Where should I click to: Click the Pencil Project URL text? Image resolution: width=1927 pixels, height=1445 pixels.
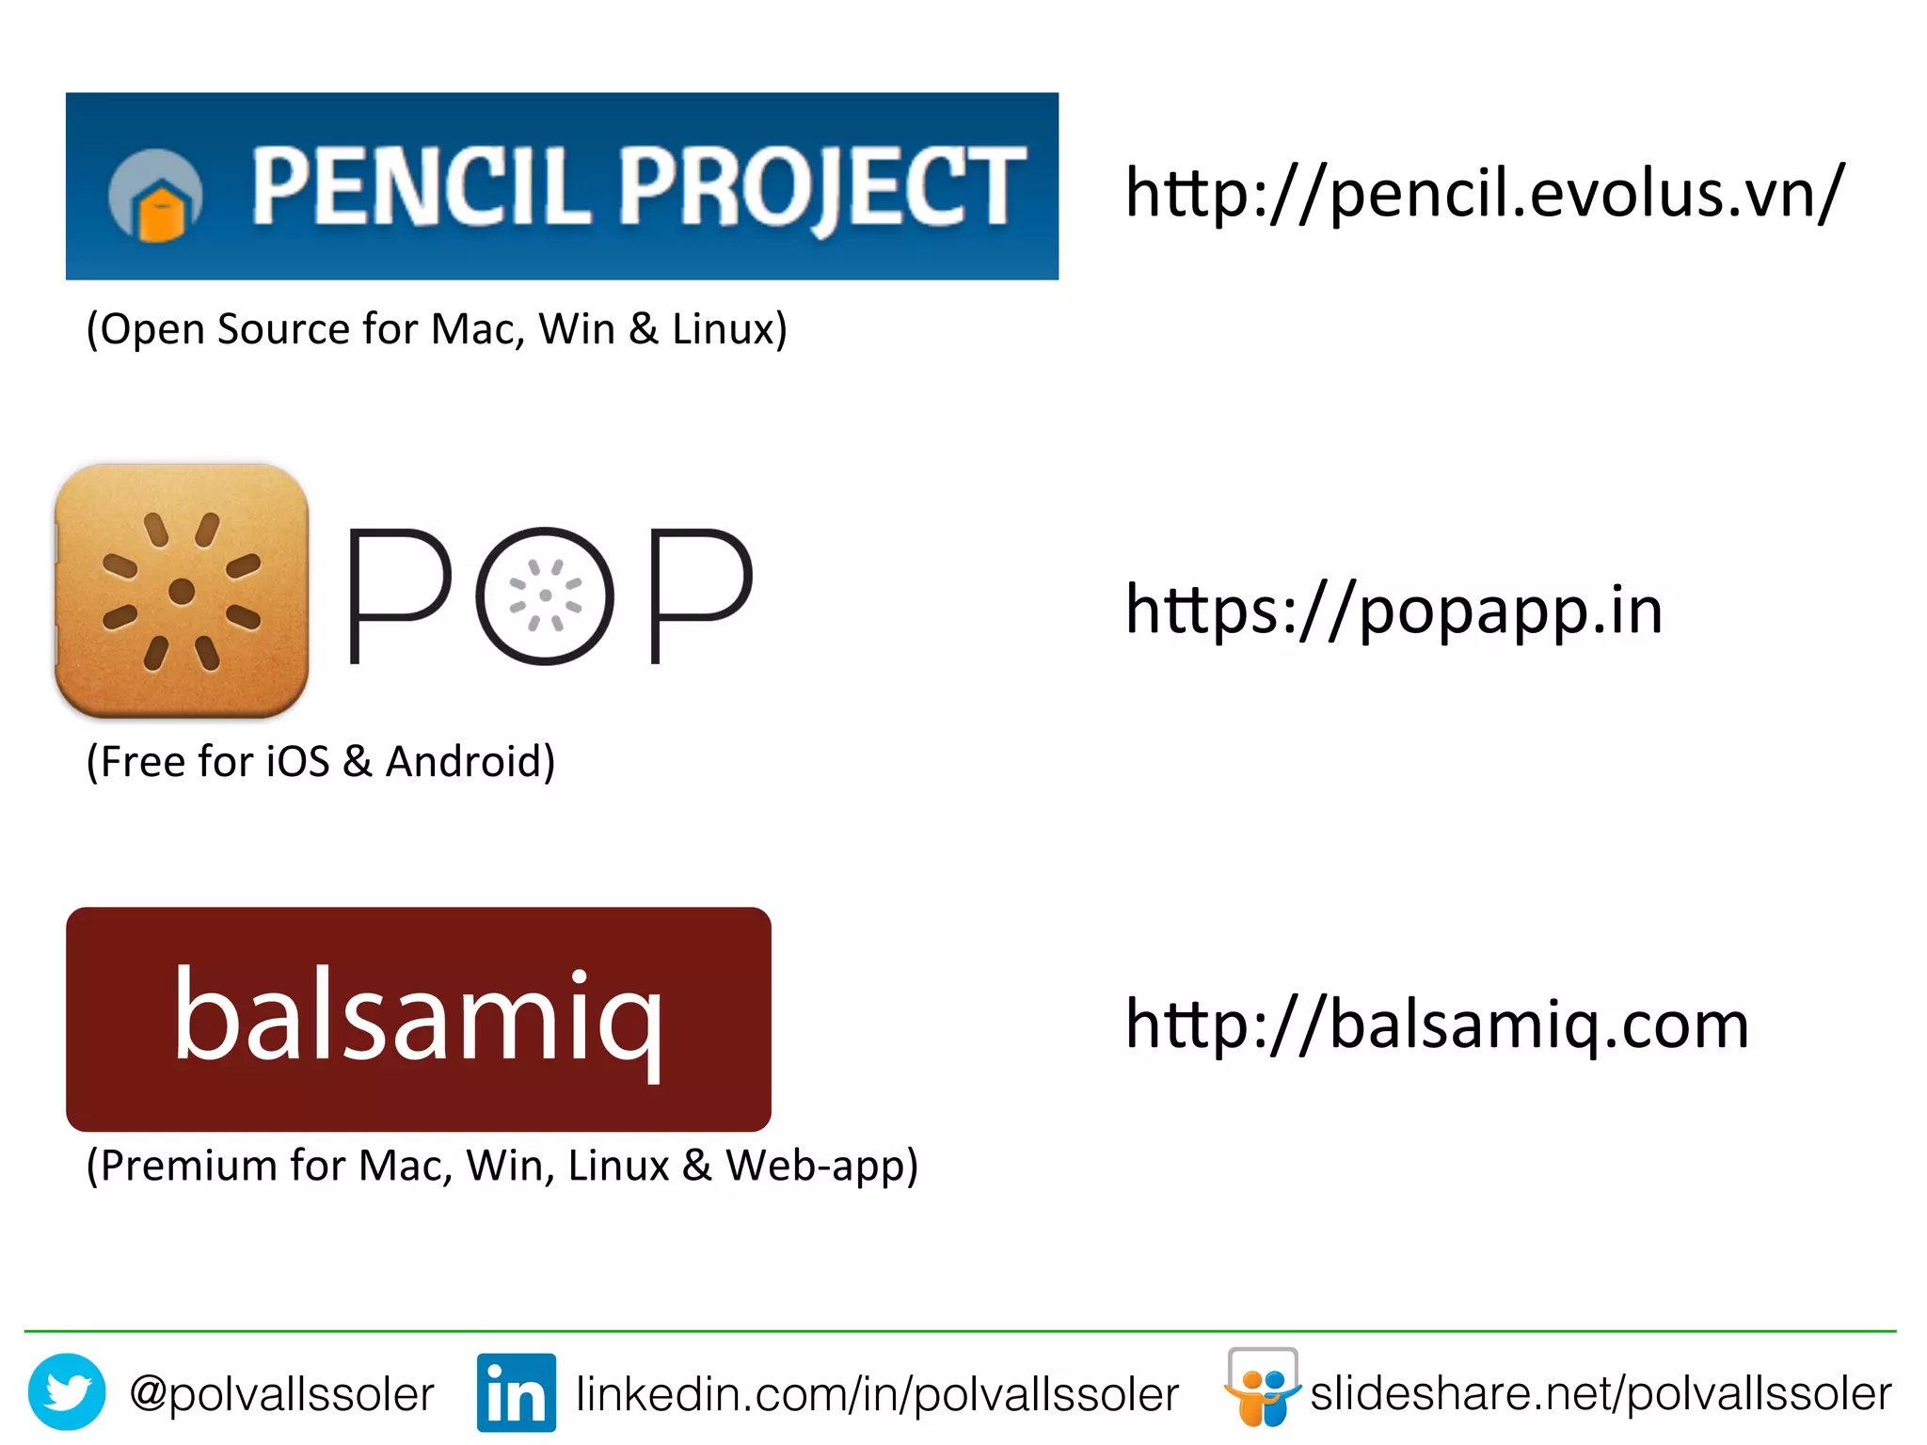pos(1485,194)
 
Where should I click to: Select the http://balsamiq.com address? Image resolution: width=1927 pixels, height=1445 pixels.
pos(1437,1024)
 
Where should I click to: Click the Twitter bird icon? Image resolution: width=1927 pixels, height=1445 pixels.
pos(67,1392)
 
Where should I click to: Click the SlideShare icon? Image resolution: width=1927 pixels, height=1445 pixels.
pos(1262,1389)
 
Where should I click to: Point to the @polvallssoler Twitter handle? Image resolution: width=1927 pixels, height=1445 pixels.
pos(281,1394)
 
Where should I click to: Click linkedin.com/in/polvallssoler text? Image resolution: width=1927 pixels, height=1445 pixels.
pos(877,1394)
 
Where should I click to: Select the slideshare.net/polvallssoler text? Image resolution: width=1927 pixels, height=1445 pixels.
pos(1601,1394)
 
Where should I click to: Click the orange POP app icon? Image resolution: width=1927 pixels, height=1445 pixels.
pos(182,591)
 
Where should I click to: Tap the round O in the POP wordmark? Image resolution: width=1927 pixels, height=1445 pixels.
pos(545,595)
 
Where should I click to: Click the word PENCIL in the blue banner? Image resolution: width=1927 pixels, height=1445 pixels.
pos(414,187)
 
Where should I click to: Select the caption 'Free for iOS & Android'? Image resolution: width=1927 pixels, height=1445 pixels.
pos(321,762)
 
